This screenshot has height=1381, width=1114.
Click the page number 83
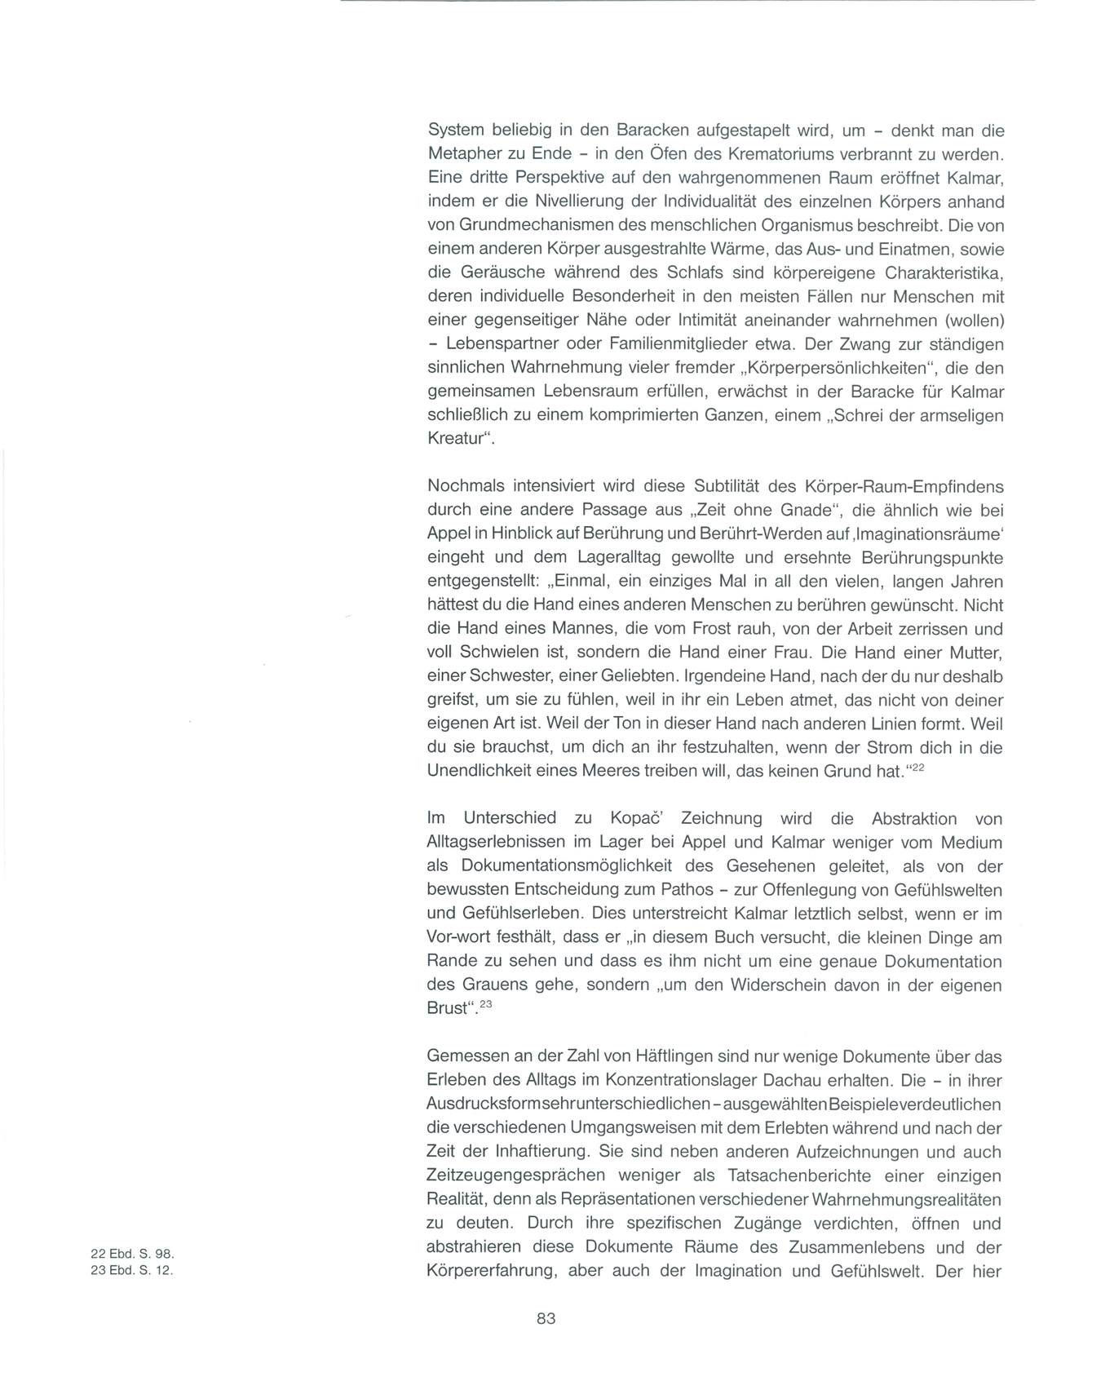tap(546, 1318)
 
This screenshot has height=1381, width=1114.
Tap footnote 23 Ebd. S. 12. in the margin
tap(132, 1271)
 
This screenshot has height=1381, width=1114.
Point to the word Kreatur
tap(456, 438)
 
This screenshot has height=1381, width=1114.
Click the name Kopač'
tap(641, 818)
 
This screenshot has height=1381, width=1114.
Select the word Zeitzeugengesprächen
tap(516, 1175)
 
